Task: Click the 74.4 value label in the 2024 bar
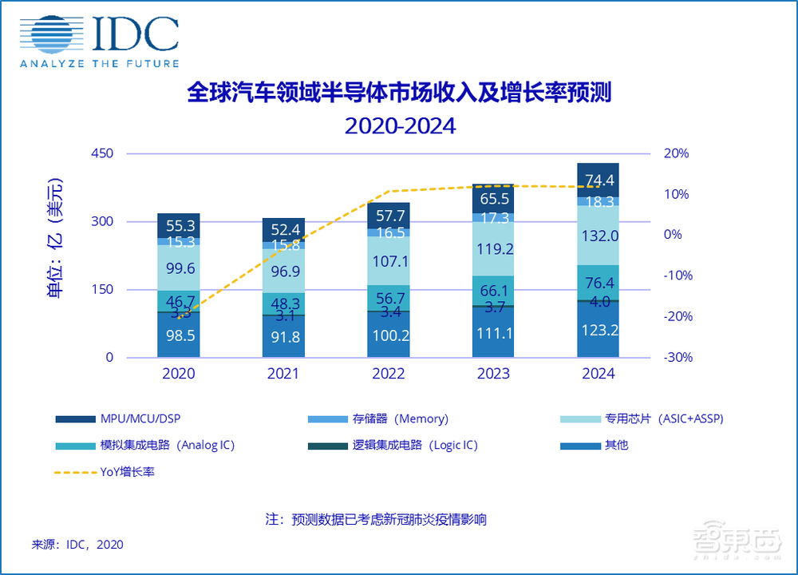point(598,180)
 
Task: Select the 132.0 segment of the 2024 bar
point(598,236)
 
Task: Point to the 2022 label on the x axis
point(389,374)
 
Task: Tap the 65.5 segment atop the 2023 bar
point(493,199)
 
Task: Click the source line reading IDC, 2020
point(77,544)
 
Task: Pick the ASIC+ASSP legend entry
point(642,418)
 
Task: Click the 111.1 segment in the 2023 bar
point(493,336)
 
